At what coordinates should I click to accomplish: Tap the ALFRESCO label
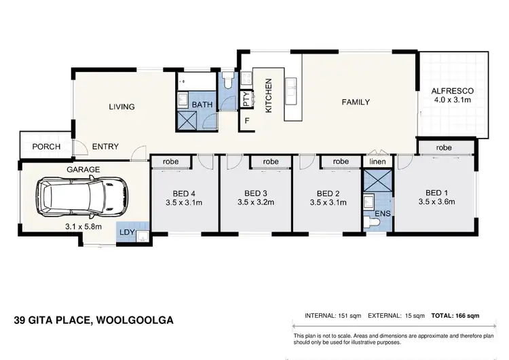click(x=451, y=91)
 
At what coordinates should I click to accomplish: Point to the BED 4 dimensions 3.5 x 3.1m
click(x=183, y=202)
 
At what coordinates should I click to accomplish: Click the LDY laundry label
click(x=127, y=232)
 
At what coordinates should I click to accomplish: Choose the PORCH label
click(x=46, y=147)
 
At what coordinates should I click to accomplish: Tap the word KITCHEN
click(x=268, y=95)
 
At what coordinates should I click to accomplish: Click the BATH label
click(x=202, y=105)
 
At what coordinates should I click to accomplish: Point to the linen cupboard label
click(x=377, y=162)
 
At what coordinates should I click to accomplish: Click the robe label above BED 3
click(x=271, y=162)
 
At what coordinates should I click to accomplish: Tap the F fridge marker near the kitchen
click(x=248, y=122)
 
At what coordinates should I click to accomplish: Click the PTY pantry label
click(x=246, y=100)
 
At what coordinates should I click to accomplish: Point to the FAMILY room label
click(x=355, y=103)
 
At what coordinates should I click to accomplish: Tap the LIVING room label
click(x=122, y=107)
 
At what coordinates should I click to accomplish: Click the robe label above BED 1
click(x=444, y=147)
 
